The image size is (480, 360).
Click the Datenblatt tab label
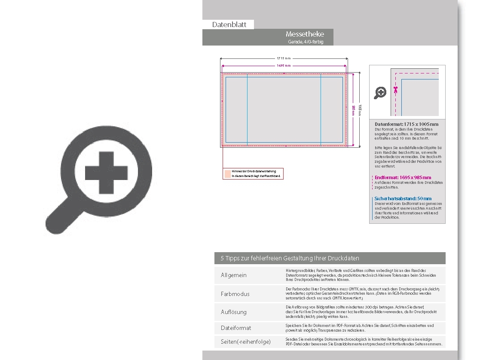[x=229, y=25]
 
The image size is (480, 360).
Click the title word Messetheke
[x=305, y=34]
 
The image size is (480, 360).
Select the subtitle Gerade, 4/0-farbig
[x=306, y=42]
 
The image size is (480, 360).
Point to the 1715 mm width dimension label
[x=284, y=58]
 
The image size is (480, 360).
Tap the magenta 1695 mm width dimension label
[x=284, y=66]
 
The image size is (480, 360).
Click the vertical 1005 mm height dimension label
[x=360, y=110]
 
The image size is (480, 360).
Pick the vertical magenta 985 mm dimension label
[x=353, y=110]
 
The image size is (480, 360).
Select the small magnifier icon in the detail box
[x=380, y=92]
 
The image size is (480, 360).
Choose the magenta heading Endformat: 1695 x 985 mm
[x=403, y=177]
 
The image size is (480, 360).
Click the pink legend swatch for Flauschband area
[x=227, y=174]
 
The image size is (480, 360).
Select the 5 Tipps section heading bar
[x=330, y=258]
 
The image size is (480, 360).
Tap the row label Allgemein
[x=234, y=275]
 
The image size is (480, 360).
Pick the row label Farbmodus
[x=235, y=294]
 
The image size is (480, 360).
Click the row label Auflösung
[x=234, y=312]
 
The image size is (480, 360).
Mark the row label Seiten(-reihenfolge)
[x=245, y=342]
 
